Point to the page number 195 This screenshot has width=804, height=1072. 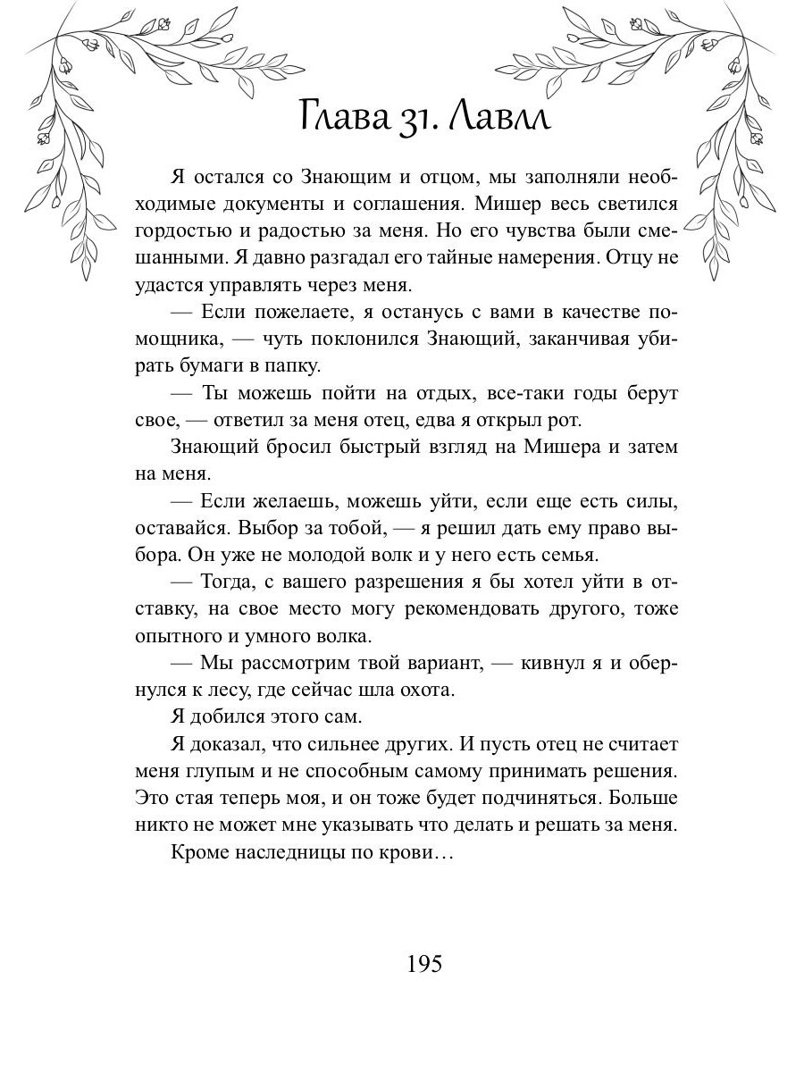tap(424, 965)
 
